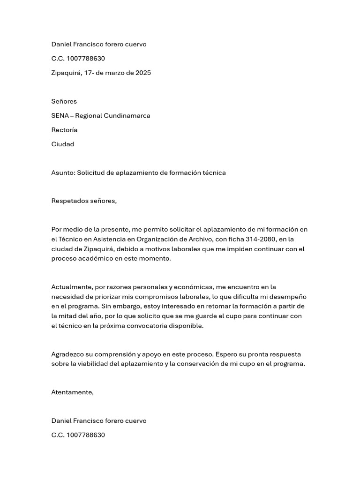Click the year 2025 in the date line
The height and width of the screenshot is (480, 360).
[x=142, y=73]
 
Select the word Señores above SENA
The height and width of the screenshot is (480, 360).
[x=64, y=101]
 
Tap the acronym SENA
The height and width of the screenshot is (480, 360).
[x=60, y=115]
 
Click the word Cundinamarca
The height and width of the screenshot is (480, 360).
[x=127, y=115]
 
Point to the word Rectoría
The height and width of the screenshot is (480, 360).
[x=64, y=130]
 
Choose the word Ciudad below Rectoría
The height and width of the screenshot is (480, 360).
[x=62, y=144]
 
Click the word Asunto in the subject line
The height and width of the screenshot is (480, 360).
[x=62, y=172]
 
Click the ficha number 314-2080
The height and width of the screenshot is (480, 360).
[x=261, y=239]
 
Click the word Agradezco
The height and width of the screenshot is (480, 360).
[x=67, y=354]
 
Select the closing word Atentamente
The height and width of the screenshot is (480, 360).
[x=72, y=392]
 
